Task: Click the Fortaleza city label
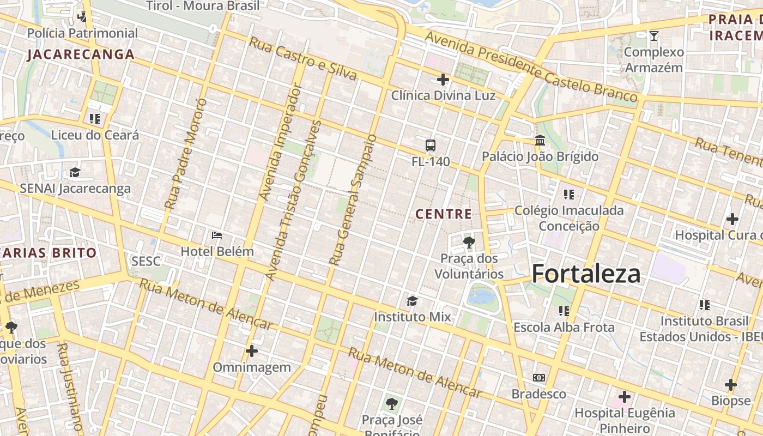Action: [586, 273]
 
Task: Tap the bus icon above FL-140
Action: [431, 146]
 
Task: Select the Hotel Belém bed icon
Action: [217, 235]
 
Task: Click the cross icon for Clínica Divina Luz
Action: [443, 80]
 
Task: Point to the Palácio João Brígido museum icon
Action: [540, 141]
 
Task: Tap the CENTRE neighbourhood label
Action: [444, 214]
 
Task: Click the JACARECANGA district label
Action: [81, 55]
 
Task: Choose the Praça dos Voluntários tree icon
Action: [469, 242]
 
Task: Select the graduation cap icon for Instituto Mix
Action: [412, 301]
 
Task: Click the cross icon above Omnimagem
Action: [251, 351]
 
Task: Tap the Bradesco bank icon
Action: [538, 378]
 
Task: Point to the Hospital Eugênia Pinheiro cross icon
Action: [625, 397]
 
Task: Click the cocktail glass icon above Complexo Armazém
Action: [654, 36]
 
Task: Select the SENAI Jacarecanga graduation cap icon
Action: [75, 173]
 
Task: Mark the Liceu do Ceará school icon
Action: [95, 118]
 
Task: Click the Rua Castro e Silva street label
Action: [302, 58]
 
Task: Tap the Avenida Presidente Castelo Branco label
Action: [531, 67]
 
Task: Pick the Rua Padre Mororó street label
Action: [186, 154]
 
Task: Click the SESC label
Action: [146, 262]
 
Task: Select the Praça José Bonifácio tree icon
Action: [391, 404]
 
